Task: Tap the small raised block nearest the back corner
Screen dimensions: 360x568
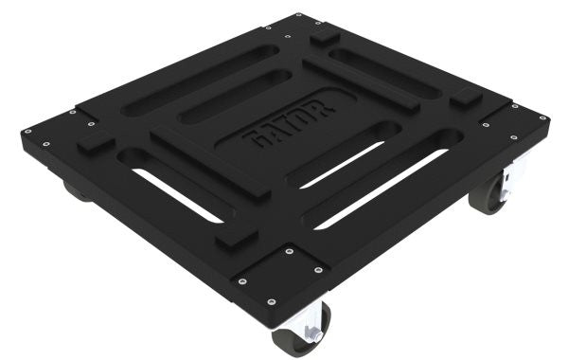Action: [x=325, y=37]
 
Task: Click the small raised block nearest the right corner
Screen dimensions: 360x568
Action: [x=466, y=99]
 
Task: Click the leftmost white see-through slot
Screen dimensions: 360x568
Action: [x=176, y=195]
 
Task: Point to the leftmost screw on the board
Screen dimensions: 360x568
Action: [x=27, y=131]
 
